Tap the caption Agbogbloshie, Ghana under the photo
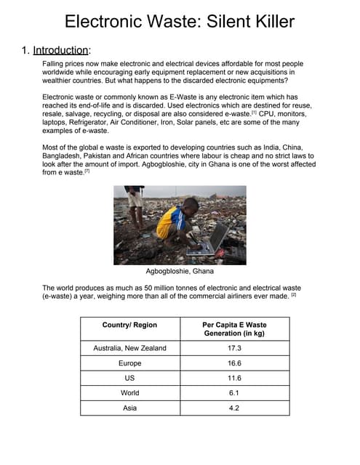click(x=180, y=271)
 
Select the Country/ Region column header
click(x=129, y=324)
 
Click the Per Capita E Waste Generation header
click(x=233, y=328)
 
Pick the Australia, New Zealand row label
click(x=129, y=348)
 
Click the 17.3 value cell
click(x=233, y=348)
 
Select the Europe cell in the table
click(x=129, y=363)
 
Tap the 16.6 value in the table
click(x=233, y=363)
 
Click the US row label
click(x=129, y=379)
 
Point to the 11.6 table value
click(x=233, y=379)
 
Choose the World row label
click(x=129, y=393)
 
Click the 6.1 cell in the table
click(x=233, y=393)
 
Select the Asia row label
click(x=129, y=408)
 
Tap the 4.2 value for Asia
click(x=233, y=408)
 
